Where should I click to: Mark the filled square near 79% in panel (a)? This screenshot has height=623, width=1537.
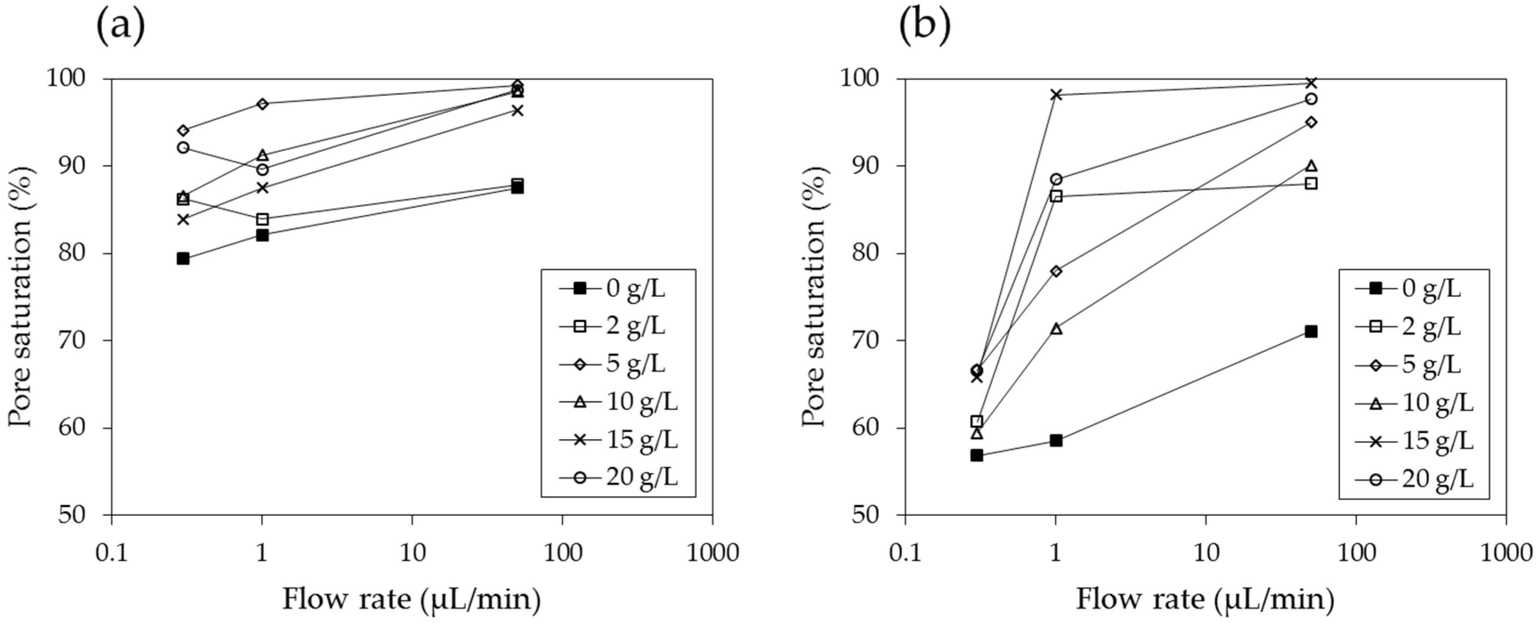click(x=183, y=259)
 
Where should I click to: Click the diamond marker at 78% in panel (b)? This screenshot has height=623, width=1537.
click(x=1056, y=271)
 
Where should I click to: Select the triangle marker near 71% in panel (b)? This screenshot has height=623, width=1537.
click(x=1056, y=328)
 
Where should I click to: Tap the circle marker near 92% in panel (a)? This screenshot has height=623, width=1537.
click(x=183, y=147)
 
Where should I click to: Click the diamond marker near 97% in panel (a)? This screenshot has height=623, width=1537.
click(x=262, y=104)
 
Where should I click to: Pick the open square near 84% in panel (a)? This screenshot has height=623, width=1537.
click(x=262, y=219)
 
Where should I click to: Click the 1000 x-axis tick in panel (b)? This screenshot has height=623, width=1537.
click(x=1506, y=553)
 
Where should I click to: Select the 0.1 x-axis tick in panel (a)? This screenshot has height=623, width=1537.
click(x=112, y=553)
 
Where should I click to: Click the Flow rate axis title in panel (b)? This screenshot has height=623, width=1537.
click(x=1205, y=599)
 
